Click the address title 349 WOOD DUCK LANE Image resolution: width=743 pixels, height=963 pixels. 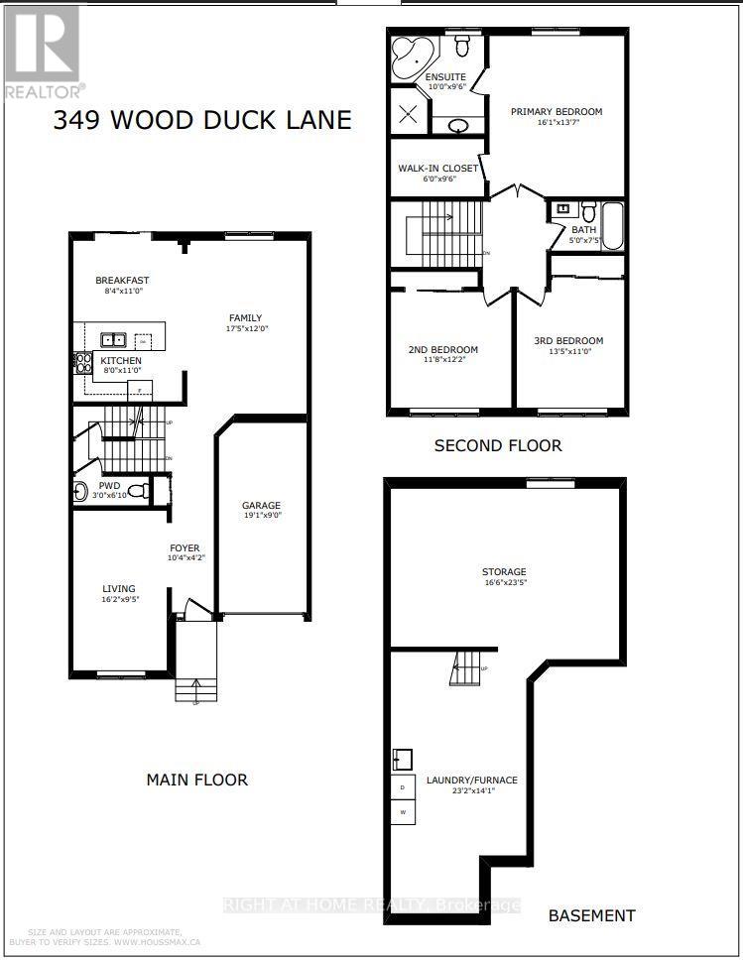tap(202, 121)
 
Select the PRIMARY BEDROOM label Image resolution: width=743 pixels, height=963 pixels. tap(556, 112)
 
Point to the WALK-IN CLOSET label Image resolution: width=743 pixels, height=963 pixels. tap(437, 169)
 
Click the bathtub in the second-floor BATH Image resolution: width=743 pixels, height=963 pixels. tap(612, 225)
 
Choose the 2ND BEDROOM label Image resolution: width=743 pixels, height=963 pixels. tap(442, 350)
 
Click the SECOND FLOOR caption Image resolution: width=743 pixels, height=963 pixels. tap(498, 445)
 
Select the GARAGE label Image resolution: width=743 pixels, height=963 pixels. tap(262, 504)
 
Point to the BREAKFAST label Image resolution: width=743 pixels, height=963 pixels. tap(122, 281)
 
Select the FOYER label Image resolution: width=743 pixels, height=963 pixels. tap(185, 547)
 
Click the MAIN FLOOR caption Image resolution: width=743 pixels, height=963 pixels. tap(197, 780)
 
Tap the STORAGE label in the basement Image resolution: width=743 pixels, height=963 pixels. tap(504, 572)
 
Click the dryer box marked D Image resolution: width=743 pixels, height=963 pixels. tap(402, 787)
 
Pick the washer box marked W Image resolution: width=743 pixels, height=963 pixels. tap(402, 810)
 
